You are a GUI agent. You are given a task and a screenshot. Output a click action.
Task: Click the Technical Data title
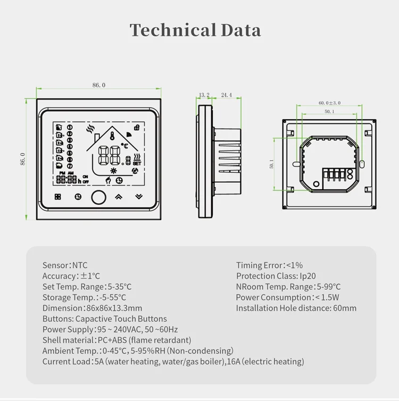coord(196,30)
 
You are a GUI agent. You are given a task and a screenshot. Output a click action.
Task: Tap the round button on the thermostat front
coord(98,196)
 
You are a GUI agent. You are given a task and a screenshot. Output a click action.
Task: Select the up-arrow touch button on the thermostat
coord(118,196)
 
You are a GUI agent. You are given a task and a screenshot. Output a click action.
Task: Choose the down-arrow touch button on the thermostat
coord(139,196)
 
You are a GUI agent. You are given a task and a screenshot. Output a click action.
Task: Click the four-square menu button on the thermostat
coord(58,196)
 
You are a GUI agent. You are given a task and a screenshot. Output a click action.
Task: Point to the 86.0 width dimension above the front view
coord(99,85)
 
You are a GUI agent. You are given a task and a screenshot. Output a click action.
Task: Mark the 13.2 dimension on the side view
coord(204,95)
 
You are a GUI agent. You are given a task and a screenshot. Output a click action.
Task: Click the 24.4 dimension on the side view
coord(226,95)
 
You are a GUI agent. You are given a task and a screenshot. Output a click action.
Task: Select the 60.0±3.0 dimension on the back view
coord(329,103)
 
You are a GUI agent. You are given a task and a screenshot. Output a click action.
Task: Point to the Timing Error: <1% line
coord(269,265)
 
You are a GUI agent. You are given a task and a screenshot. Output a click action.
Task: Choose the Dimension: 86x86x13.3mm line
coord(92,308)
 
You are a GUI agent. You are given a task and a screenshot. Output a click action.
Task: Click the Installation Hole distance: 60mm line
coord(296,308)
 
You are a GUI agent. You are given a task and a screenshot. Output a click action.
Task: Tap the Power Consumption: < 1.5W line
coord(287,297)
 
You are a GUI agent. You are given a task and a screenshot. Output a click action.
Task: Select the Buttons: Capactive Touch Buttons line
coord(104,319)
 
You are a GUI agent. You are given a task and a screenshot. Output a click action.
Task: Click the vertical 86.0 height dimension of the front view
coord(23,158)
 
